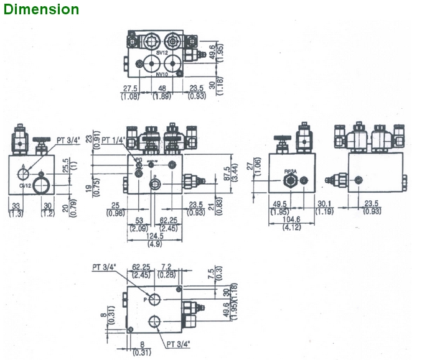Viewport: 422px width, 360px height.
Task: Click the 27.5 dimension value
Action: pyautogui.click(x=130, y=89)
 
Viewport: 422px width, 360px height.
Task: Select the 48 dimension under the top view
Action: pyautogui.click(x=161, y=89)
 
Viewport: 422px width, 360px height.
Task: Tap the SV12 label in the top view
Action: pyautogui.click(x=162, y=53)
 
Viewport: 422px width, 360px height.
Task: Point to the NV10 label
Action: pyautogui.click(x=162, y=75)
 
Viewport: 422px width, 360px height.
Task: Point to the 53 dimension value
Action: pyautogui.click(x=139, y=221)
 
